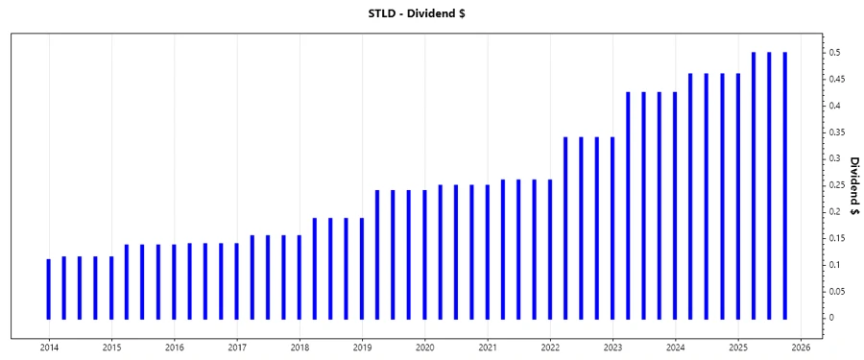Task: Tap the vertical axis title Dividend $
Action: pyautogui.click(x=853, y=185)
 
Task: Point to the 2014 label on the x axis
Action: pyautogui.click(x=49, y=348)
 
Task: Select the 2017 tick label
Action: pyautogui.click(x=237, y=348)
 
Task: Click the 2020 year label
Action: pyautogui.click(x=424, y=348)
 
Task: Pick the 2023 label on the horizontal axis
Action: pyautogui.click(x=612, y=348)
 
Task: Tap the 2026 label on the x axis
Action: pyautogui.click(x=801, y=348)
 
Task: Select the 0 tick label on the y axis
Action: pyautogui.click(x=833, y=318)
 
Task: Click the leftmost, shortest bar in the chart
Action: pyautogui.click(x=49, y=288)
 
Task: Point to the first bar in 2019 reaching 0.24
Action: pyautogui.click(x=377, y=254)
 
